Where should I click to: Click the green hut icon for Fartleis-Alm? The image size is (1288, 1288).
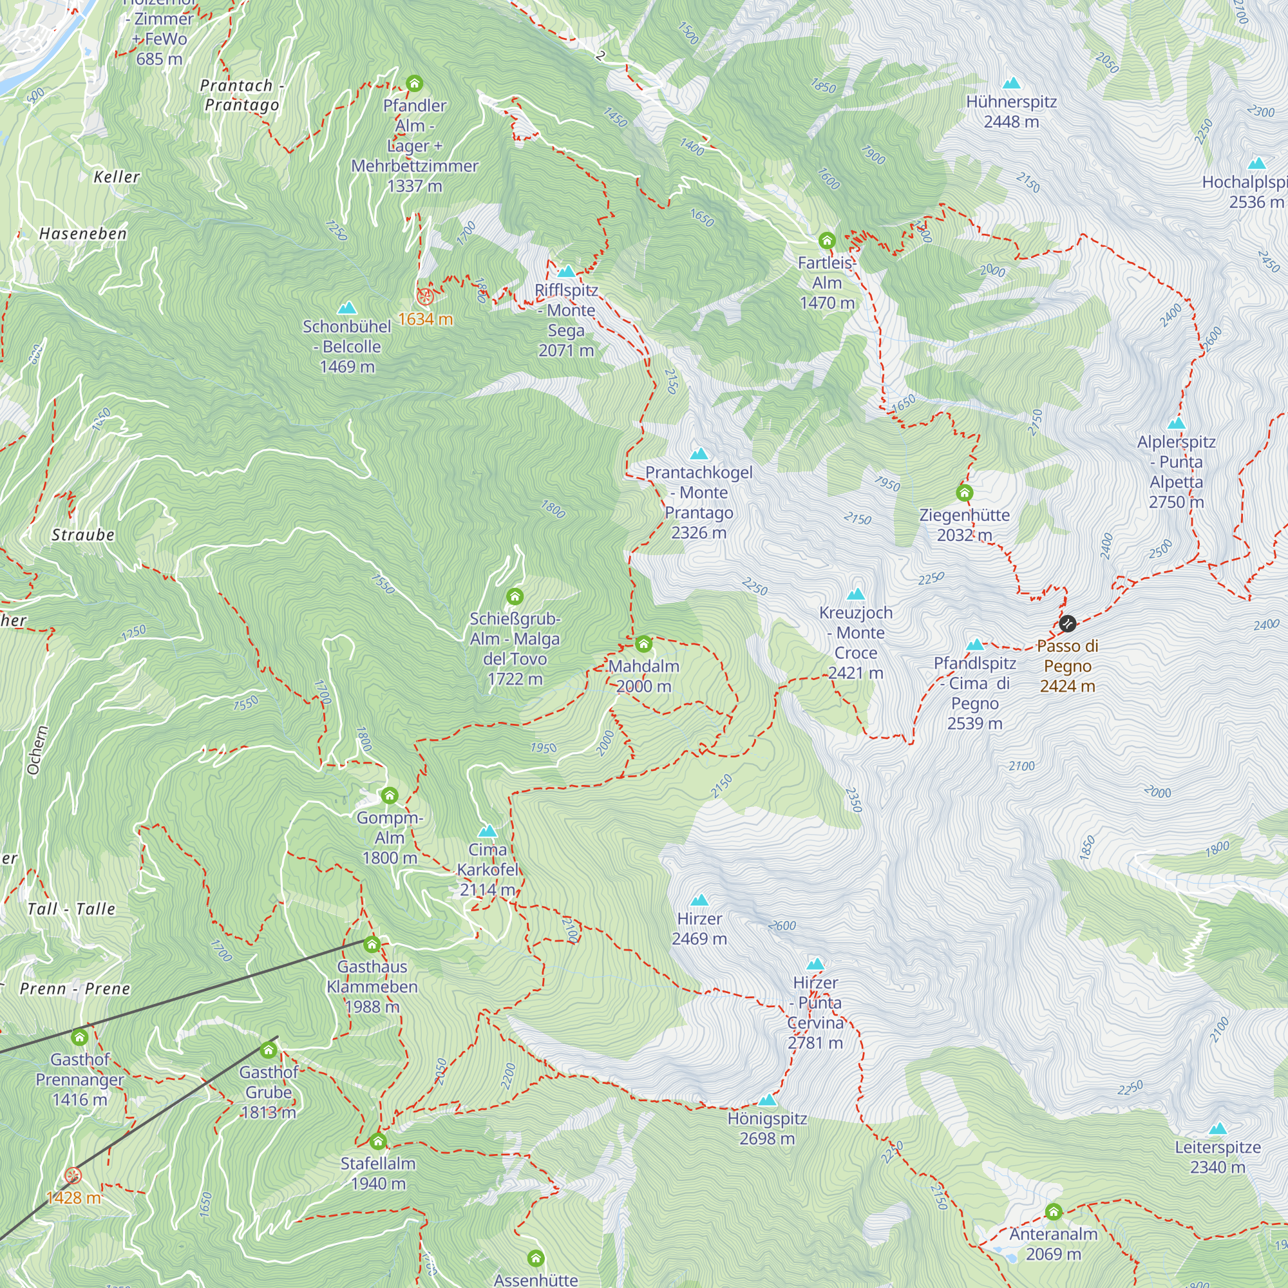(x=827, y=240)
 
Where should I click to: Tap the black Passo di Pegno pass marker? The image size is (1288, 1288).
(x=1067, y=623)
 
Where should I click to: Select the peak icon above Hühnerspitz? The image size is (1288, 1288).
(x=1012, y=83)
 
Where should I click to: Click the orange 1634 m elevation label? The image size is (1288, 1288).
(x=425, y=319)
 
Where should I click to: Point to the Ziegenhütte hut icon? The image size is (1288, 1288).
(x=965, y=493)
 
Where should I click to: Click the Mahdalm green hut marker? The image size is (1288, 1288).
(x=643, y=644)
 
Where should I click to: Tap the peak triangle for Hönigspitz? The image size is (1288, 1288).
(x=768, y=1100)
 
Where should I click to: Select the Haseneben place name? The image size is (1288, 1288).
(x=82, y=233)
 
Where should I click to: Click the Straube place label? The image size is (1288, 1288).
(x=82, y=535)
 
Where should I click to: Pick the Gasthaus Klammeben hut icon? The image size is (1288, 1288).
(x=372, y=944)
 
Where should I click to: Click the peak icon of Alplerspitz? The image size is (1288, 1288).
(x=1177, y=423)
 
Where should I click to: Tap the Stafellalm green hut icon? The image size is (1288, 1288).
(x=378, y=1141)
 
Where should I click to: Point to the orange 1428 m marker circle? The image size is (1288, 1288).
(x=73, y=1176)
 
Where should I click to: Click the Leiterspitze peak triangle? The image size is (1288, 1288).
(x=1218, y=1129)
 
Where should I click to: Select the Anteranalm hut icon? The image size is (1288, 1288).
(x=1054, y=1211)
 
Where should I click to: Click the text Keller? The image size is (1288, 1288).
(x=117, y=176)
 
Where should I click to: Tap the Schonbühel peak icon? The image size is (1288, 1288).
(x=346, y=308)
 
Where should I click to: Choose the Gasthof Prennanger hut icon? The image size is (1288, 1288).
(x=79, y=1037)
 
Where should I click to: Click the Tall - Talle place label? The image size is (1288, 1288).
(x=71, y=909)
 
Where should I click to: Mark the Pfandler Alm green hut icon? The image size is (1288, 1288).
(x=415, y=83)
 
